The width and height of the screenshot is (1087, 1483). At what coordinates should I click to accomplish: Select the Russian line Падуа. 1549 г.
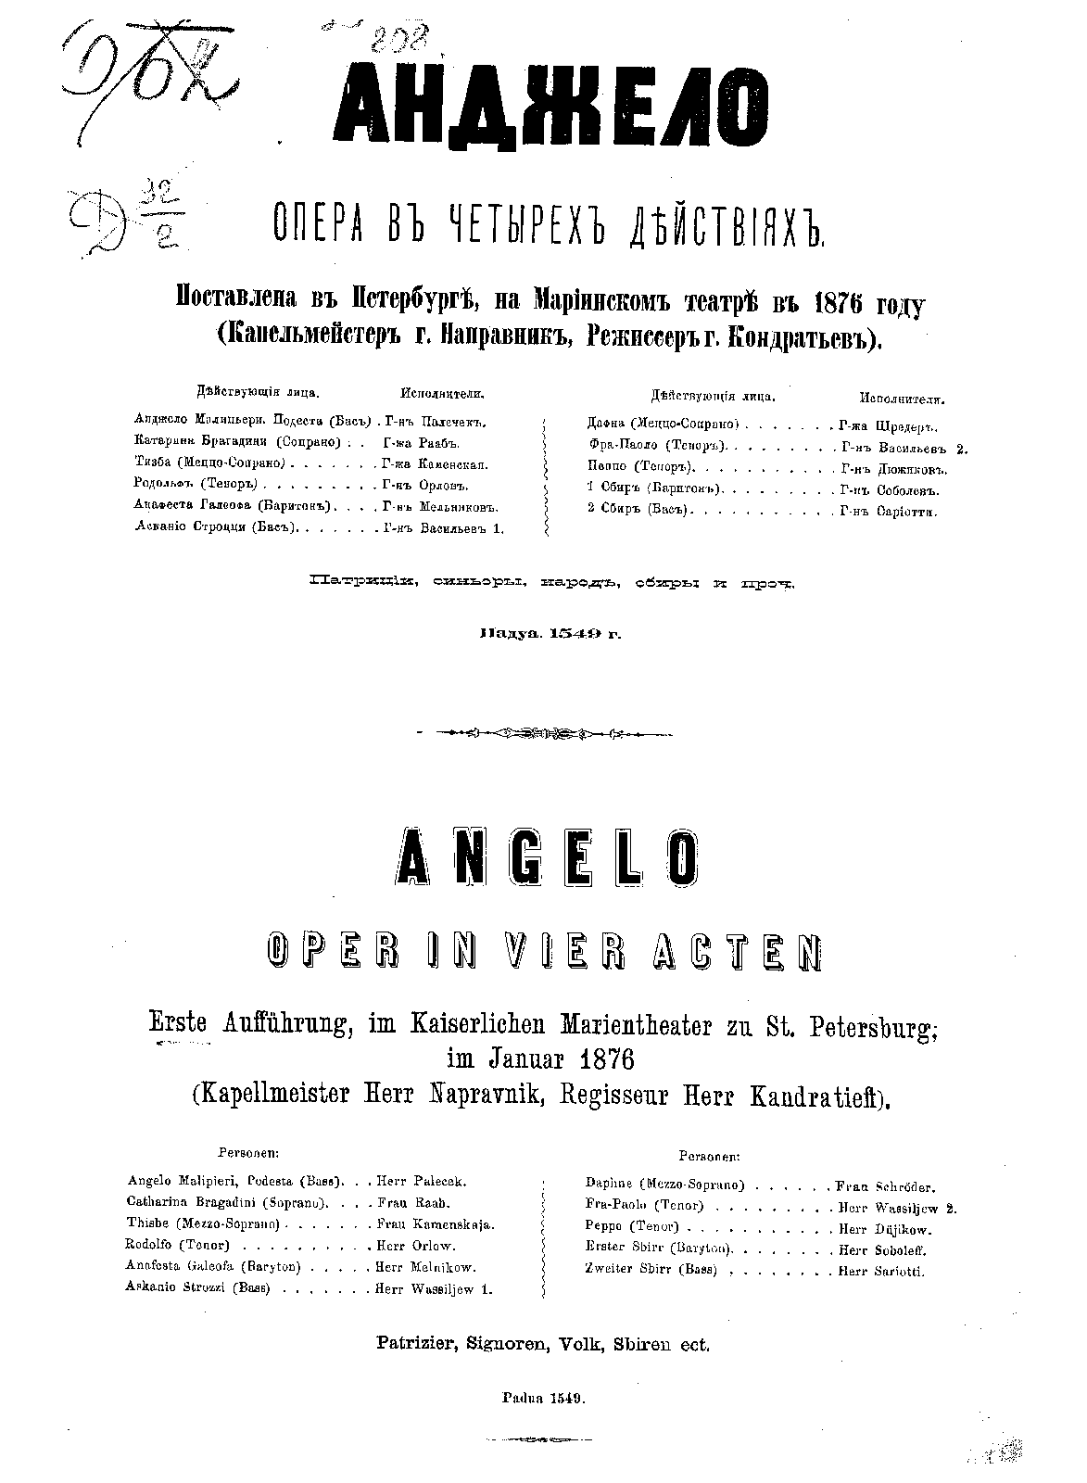click(x=547, y=635)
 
